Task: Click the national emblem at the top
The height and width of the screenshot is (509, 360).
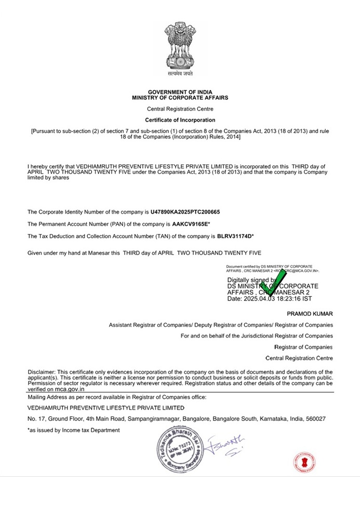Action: pyautogui.click(x=180, y=49)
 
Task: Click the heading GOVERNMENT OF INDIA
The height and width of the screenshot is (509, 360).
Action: pyautogui.click(x=180, y=92)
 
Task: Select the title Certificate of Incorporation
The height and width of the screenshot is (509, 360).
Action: pyautogui.click(x=180, y=120)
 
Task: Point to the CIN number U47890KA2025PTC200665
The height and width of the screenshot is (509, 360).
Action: pyautogui.click(x=185, y=212)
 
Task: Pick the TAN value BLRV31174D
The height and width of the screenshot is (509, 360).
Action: pyautogui.click(x=234, y=237)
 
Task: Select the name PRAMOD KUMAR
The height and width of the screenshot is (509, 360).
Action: pyautogui.click(x=310, y=314)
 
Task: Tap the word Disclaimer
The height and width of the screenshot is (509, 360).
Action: pyautogui.click(x=41, y=372)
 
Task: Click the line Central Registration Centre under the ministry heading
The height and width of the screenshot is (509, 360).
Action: pyautogui.click(x=180, y=109)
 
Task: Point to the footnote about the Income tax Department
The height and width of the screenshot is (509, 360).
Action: pyautogui.click(x=73, y=430)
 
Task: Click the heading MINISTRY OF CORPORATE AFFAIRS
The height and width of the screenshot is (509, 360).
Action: pyautogui.click(x=180, y=97)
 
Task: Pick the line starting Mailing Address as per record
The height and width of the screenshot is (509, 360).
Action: pyautogui.click(x=117, y=397)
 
